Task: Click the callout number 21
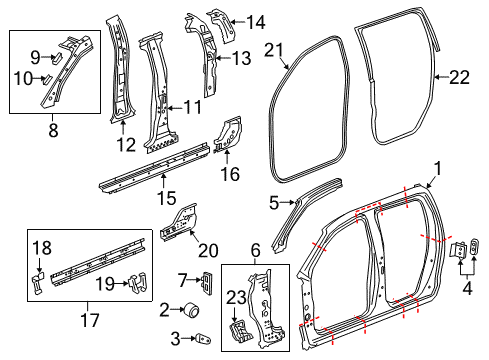274,50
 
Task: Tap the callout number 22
459,77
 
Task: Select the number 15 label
166,198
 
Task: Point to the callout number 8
53,130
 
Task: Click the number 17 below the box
90,320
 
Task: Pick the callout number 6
255,250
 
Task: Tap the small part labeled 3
203,339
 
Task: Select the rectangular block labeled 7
207,282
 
